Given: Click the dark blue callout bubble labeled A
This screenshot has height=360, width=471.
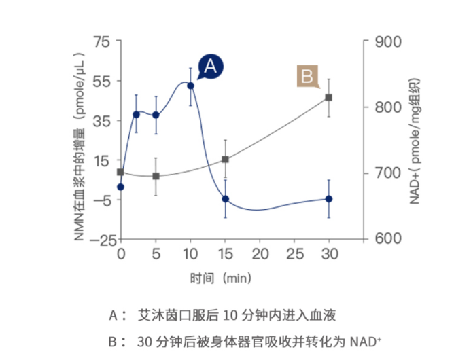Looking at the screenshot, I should point(210,65).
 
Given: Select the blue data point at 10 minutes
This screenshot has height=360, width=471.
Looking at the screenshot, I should point(190,86).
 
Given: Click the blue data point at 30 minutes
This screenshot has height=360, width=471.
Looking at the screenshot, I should point(329,199).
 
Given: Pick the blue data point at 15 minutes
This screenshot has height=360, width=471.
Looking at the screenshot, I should point(225,199).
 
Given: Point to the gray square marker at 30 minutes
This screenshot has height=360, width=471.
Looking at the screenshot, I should point(329,97).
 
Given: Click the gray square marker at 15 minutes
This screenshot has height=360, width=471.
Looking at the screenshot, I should point(225,160).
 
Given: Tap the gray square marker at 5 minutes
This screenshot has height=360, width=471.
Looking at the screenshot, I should point(156,176).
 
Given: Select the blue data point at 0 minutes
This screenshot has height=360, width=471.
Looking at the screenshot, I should point(121,187).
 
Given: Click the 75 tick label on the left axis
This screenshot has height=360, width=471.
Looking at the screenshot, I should point(102,42).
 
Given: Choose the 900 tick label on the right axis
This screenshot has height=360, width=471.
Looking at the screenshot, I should point(385,42).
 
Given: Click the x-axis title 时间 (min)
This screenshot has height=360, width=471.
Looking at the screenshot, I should point(221,278).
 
